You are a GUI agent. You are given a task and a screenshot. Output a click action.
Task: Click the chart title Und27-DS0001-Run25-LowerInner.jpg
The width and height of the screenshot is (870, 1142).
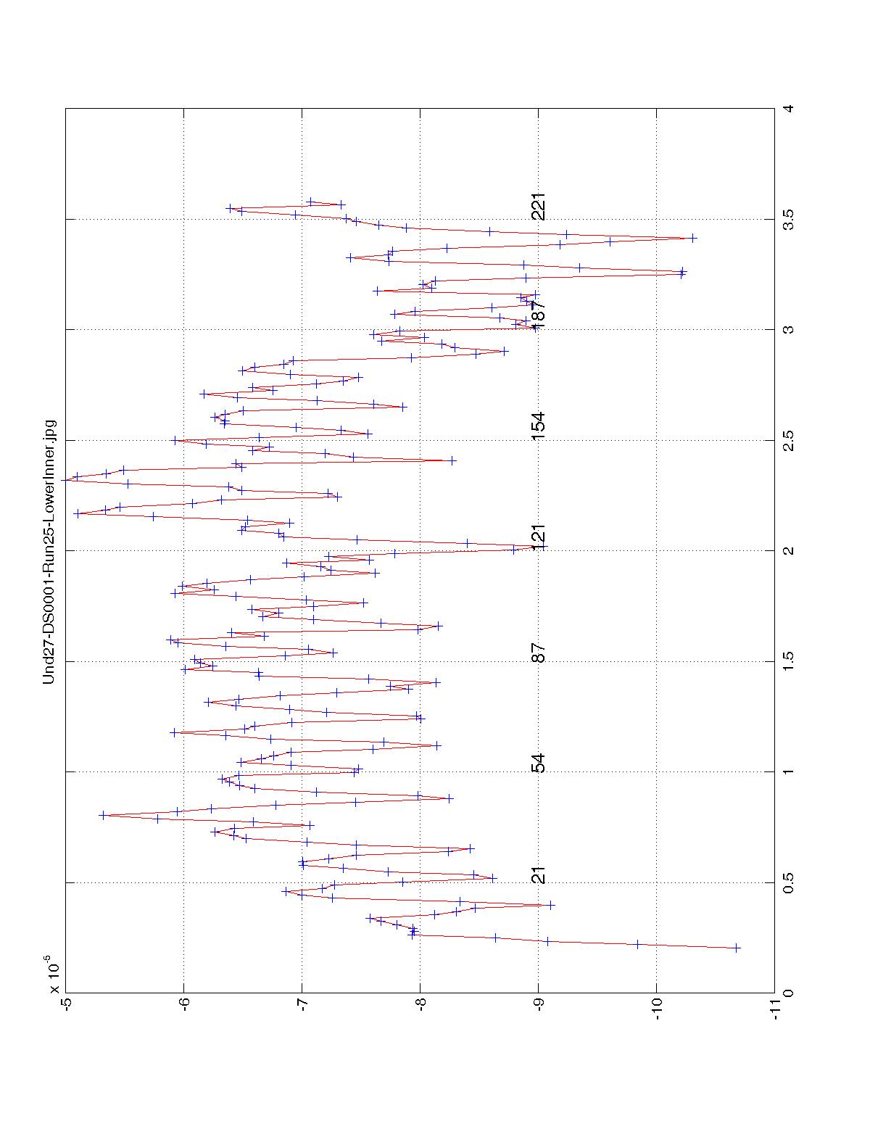coord(49,551)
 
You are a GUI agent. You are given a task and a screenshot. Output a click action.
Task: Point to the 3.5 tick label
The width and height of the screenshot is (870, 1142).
coord(788,219)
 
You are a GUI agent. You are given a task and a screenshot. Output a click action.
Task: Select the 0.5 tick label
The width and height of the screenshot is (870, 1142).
coord(788,882)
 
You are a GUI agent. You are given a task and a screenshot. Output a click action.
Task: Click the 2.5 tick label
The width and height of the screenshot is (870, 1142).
coord(788,440)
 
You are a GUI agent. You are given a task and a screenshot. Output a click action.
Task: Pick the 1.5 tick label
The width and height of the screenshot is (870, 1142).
coord(788,661)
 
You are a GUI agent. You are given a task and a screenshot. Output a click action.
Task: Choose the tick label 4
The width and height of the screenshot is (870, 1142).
coord(788,109)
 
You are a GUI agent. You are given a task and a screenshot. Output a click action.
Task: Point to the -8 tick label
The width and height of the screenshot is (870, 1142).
coord(420,1008)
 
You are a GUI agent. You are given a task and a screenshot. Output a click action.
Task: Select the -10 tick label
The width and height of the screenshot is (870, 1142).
coord(657,1008)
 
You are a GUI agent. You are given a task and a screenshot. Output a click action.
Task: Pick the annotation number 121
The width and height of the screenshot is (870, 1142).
coord(538,537)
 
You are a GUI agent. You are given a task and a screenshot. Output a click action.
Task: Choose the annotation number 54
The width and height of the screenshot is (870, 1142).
coord(538,764)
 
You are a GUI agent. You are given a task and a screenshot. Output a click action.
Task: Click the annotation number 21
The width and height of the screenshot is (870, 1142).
coord(538,875)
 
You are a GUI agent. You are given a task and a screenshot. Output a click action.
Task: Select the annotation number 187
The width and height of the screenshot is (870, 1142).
coord(538,312)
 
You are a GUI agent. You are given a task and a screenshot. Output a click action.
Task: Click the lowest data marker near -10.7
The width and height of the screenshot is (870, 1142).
coord(737,948)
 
